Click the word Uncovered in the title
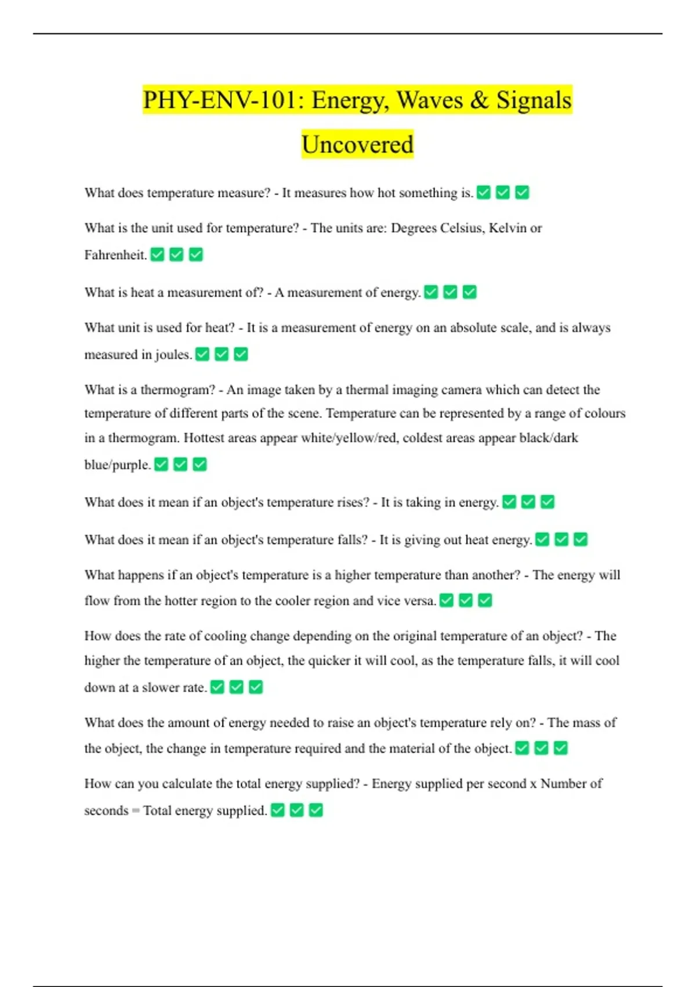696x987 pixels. pyautogui.click(x=357, y=145)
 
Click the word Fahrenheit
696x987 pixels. pyautogui.click(x=115, y=255)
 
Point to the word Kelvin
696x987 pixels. pyautogui.click(x=507, y=228)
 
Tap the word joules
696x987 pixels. pyautogui.click(x=173, y=355)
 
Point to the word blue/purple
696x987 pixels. pyautogui.click(x=117, y=465)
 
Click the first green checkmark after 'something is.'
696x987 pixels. pyautogui.click(x=484, y=192)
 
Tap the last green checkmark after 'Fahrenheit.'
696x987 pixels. pyautogui.click(x=196, y=254)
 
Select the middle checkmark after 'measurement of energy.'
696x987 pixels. pyautogui.click(x=450, y=292)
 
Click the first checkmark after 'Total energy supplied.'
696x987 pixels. pyautogui.click(x=278, y=810)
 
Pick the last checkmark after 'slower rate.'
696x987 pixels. pyautogui.click(x=256, y=687)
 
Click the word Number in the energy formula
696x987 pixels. pyautogui.click(x=563, y=784)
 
